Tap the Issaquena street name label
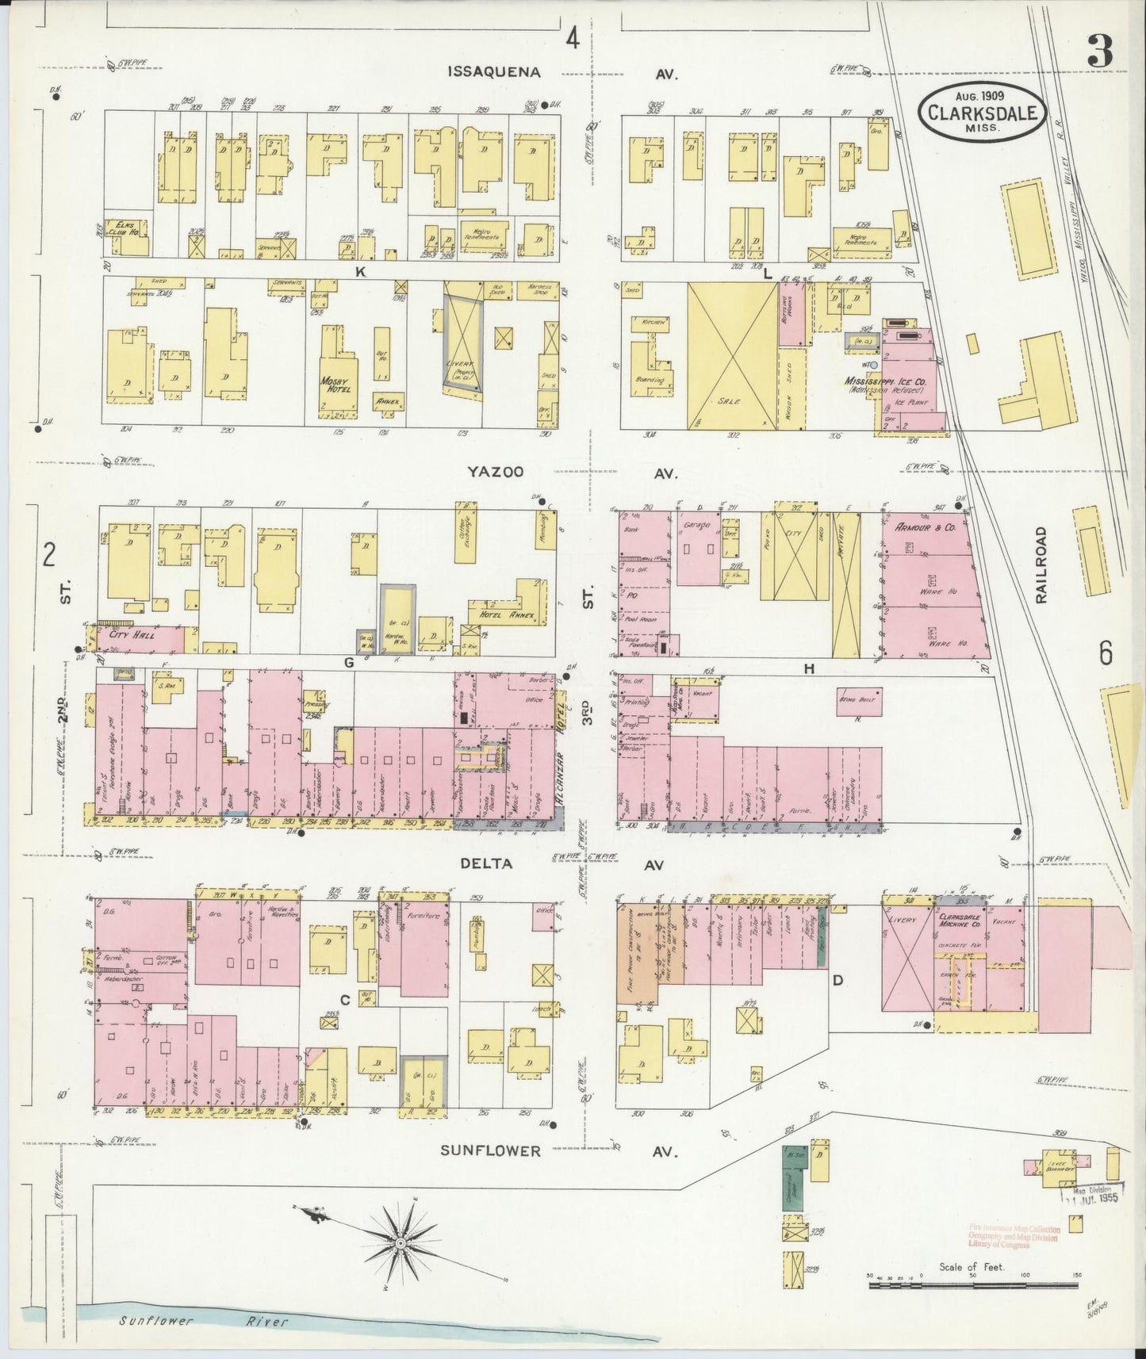(x=494, y=72)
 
